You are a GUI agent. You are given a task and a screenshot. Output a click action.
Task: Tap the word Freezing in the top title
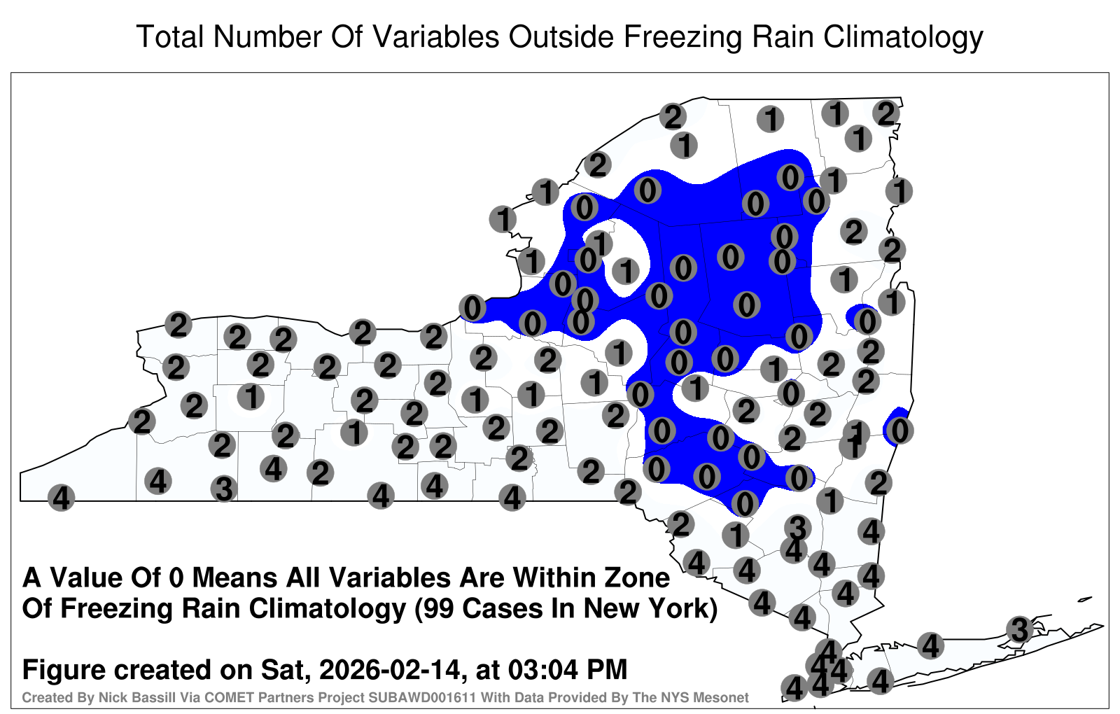click(x=680, y=38)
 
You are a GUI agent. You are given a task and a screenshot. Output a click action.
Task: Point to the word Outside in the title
click(x=561, y=37)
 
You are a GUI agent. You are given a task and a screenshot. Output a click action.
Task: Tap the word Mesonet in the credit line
click(x=725, y=697)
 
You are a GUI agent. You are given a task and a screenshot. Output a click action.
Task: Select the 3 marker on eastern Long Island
click(x=1019, y=629)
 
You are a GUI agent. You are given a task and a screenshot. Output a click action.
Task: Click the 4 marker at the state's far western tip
click(x=61, y=498)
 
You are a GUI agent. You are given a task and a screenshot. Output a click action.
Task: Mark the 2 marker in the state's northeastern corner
click(x=886, y=114)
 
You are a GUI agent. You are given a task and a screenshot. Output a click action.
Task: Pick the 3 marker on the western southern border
click(x=224, y=489)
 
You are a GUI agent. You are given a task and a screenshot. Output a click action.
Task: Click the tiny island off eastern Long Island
click(x=1085, y=599)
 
